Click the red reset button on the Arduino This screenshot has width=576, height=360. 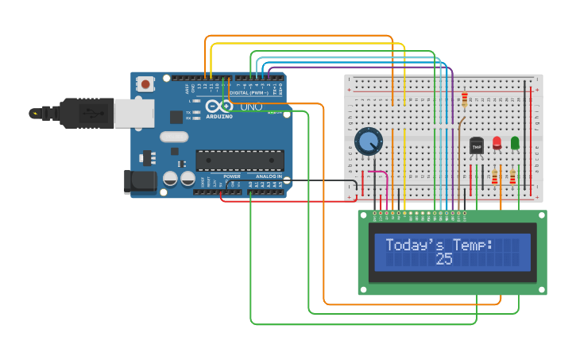145,83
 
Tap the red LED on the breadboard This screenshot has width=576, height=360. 497,143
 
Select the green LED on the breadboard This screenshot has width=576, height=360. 515,143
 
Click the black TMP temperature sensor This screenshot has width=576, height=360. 477,147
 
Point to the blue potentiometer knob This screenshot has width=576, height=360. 368,142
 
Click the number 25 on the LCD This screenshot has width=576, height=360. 444,259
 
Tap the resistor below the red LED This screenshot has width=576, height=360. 495,176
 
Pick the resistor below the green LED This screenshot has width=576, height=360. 512,176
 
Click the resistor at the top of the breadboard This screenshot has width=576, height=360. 464,99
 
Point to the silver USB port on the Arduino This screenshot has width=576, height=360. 133,114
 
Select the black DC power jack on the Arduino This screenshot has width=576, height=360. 141,181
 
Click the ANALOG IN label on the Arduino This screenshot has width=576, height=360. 269,176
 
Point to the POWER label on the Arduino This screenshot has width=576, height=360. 231,176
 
